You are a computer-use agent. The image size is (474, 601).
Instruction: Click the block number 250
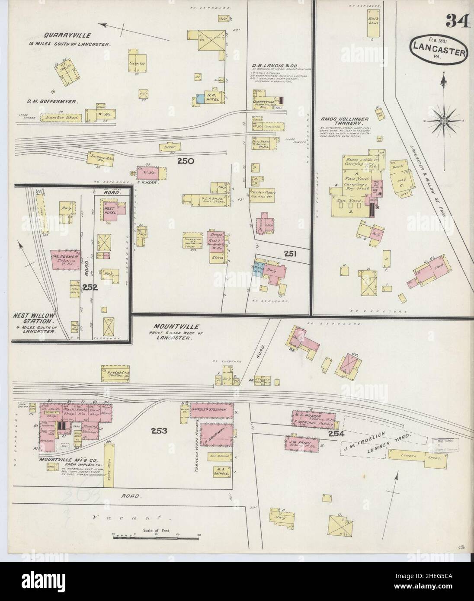[185, 161]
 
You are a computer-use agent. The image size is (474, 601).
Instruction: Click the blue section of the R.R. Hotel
[199, 99]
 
